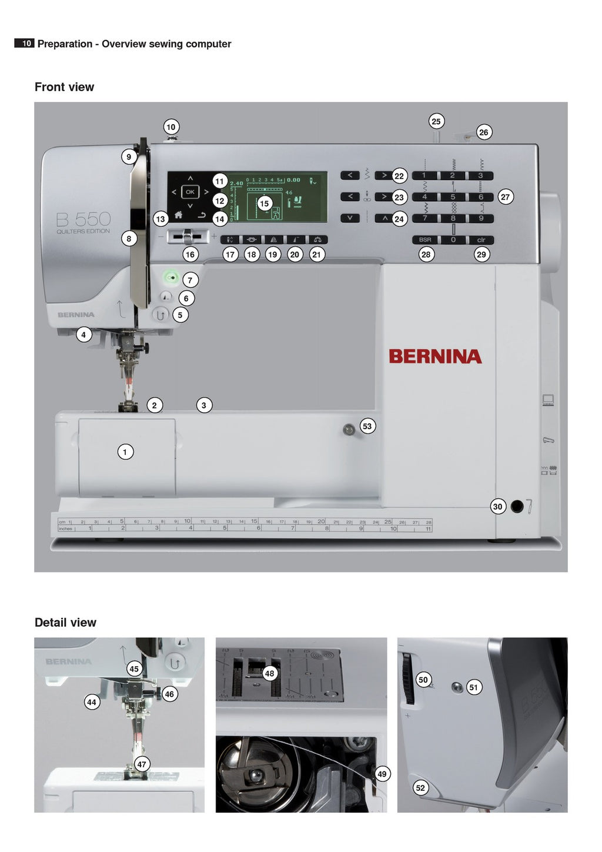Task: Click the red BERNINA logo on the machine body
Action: point(435,356)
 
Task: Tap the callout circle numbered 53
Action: point(367,426)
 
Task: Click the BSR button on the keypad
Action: point(425,240)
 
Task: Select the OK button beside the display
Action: point(190,192)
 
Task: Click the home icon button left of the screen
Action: point(178,215)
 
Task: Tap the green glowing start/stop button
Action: point(172,276)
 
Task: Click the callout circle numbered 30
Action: point(498,506)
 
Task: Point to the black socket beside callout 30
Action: point(517,506)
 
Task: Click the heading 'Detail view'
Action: point(65,623)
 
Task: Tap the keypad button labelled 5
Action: point(453,197)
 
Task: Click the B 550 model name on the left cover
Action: point(83,220)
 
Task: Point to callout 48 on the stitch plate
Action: point(269,673)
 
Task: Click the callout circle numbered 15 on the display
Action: point(265,203)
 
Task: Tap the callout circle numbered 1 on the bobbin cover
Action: point(125,452)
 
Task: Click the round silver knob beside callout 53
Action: point(348,430)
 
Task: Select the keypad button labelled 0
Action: point(453,240)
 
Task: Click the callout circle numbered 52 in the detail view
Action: point(420,788)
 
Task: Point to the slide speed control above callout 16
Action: point(188,236)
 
